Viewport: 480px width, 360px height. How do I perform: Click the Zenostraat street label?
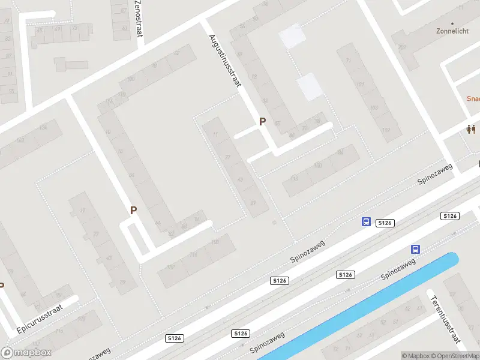138,18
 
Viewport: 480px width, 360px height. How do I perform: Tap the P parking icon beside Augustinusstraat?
262,121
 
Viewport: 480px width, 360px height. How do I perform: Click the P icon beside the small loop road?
133,210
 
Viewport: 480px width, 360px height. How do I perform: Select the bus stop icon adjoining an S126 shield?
365,221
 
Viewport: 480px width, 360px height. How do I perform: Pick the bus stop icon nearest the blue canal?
415,249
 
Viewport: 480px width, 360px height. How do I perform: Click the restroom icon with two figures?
471,128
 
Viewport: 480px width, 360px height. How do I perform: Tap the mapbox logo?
26,353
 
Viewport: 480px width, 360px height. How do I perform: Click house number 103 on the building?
374,108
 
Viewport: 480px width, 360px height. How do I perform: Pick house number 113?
294,179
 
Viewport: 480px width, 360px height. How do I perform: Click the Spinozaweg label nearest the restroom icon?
436,172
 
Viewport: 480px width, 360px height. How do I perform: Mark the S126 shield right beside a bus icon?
385,223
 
